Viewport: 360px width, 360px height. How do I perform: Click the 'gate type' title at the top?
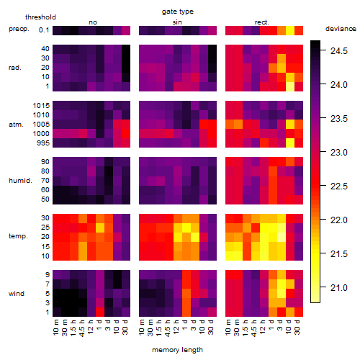click(178, 12)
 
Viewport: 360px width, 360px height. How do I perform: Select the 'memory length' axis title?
click(177, 350)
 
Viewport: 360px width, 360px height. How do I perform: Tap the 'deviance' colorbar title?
click(341, 29)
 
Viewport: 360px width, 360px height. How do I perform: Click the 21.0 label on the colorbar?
click(339, 287)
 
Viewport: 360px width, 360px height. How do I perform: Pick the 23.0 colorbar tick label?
click(339, 153)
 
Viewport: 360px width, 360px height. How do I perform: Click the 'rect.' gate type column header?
click(262, 22)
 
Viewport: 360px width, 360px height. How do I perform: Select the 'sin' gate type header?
click(177, 22)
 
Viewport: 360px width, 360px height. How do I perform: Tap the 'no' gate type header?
click(93, 22)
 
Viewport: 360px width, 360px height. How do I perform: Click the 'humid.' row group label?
click(20, 181)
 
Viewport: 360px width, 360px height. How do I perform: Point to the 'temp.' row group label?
click(18, 236)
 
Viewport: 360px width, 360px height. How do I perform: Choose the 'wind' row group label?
click(17, 294)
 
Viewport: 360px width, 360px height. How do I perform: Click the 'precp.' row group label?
click(19, 30)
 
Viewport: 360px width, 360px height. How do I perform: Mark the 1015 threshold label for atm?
click(41, 106)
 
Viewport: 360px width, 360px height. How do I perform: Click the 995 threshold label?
click(43, 143)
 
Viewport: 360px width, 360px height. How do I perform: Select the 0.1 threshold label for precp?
click(44, 30)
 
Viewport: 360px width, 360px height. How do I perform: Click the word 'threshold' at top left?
click(40, 17)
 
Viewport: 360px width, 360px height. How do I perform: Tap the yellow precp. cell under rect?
click(290, 30)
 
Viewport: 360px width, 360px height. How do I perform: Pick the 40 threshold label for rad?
click(45, 49)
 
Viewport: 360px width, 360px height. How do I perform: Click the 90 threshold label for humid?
click(45, 162)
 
